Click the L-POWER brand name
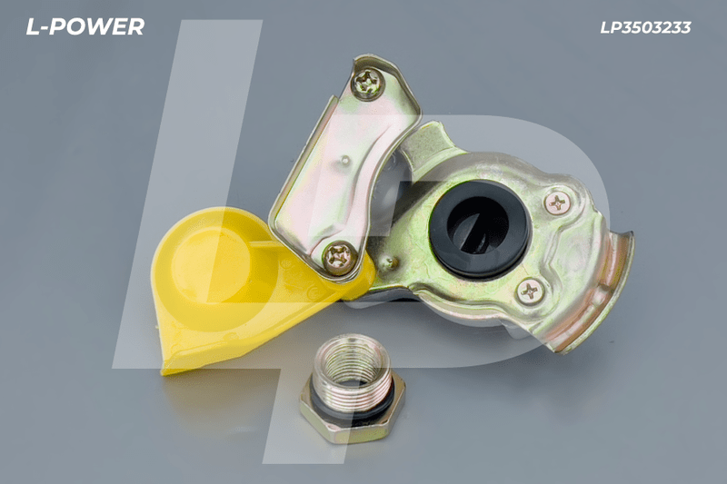pyautogui.click(x=85, y=27)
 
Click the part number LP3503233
pyautogui.click(x=645, y=28)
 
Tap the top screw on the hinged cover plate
pyautogui.click(x=367, y=84)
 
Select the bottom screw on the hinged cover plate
pyautogui.click(x=340, y=258)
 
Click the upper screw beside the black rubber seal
pyautogui.click(x=557, y=202)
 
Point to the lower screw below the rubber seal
pyautogui.click(x=530, y=291)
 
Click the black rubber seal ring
pyautogui.click(x=479, y=229)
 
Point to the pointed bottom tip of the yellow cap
pyautogui.click(x=164, y=370)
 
